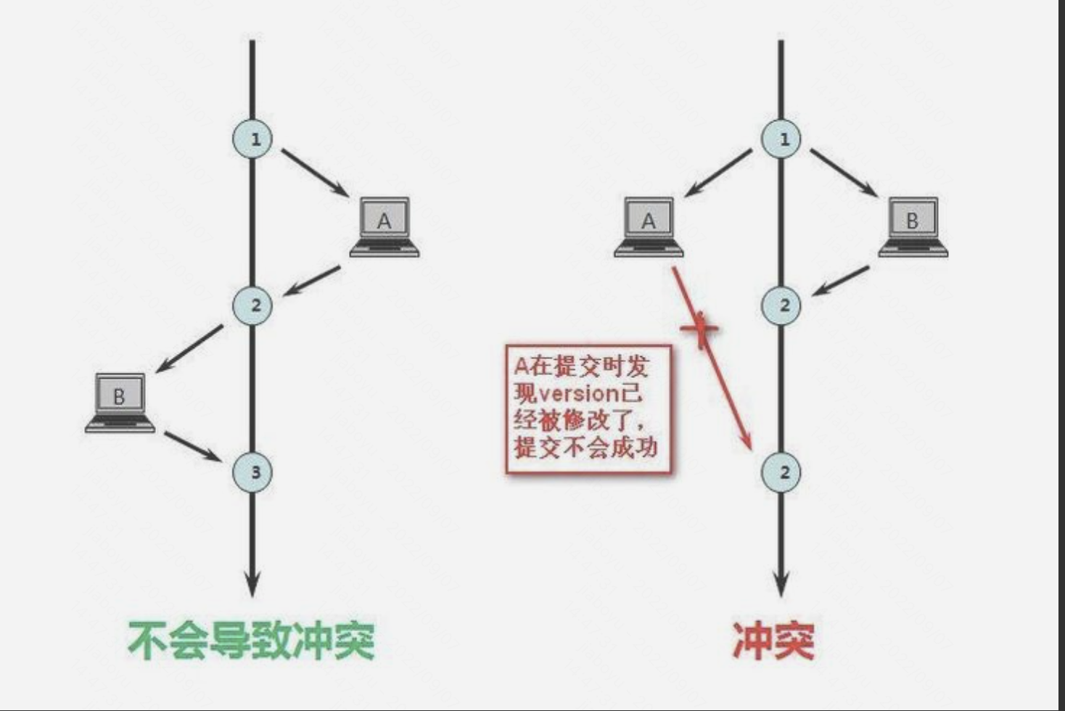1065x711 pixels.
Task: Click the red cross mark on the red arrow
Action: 700,329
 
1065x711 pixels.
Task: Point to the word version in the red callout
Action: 577,393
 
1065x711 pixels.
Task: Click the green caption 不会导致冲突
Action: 251,641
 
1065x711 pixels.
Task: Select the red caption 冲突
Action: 773,641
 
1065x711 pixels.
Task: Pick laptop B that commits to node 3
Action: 120,402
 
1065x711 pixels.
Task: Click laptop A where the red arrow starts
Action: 649,226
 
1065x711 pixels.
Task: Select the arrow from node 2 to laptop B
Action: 189,349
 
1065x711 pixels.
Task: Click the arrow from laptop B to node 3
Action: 192,447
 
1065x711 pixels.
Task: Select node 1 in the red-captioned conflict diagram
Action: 782,139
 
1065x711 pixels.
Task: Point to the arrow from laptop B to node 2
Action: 840,280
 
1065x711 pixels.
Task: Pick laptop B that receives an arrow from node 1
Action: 913,226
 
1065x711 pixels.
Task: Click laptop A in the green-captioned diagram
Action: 385,226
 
